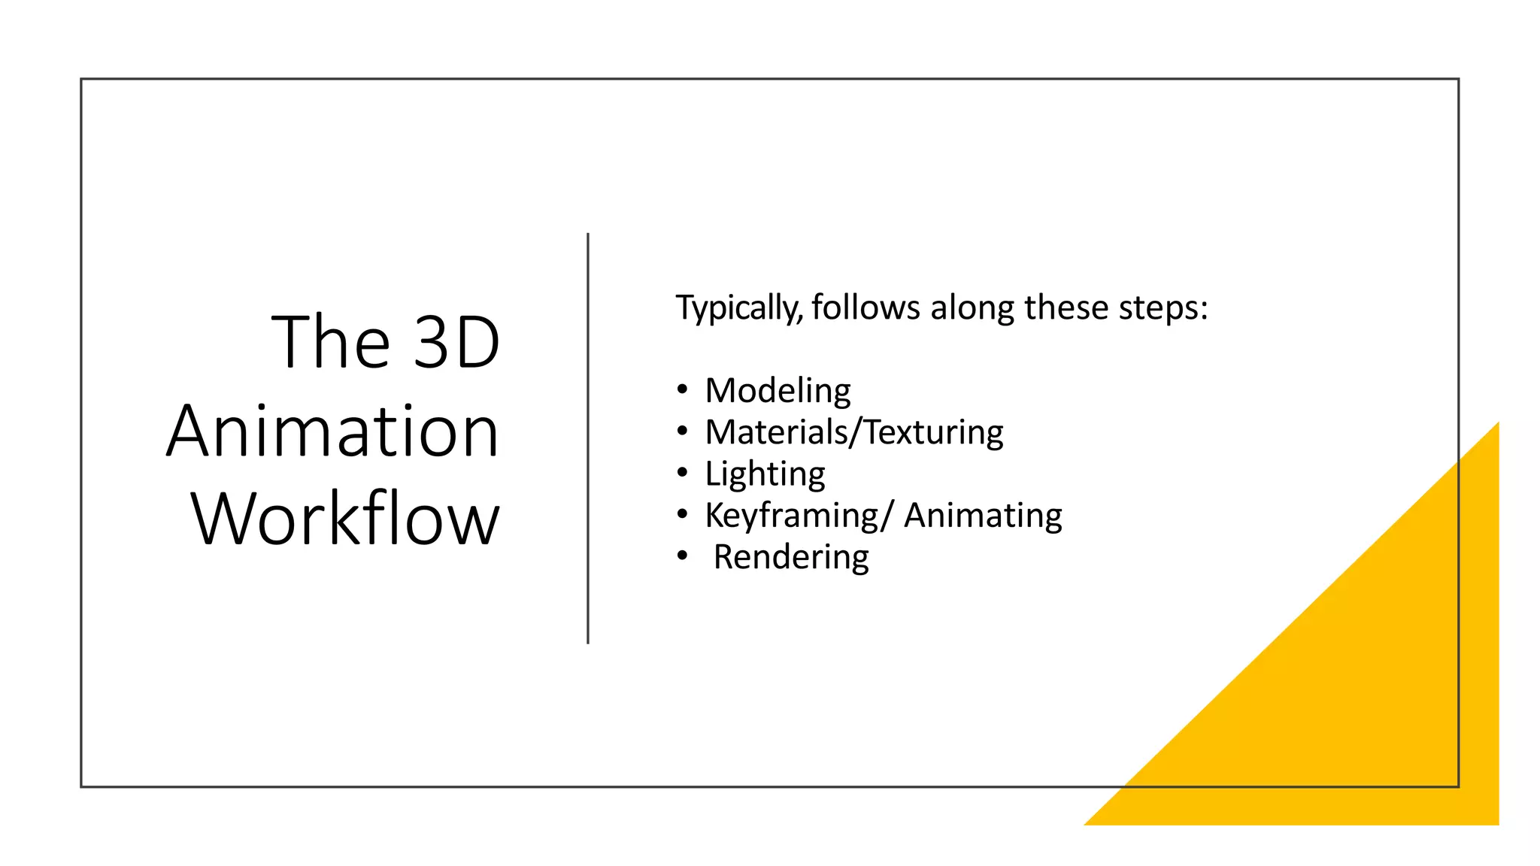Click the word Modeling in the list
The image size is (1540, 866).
pyautogui.click(x=778, y=391)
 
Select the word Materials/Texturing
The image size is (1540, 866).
pyautogui.click(x=854, y=432)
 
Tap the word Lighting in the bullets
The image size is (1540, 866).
pyautogui.click(x=765, y=474)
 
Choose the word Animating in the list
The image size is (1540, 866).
pyautogui.click(x=983, y=516)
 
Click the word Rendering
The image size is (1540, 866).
pyautogui.click(x=791, y=557)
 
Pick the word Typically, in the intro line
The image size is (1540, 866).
pyautogui.click(x=740, y=308)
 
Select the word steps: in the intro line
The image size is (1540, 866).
pyautogui.click(x=1163, y=308)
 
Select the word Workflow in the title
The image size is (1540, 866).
pyautogui.click(x=345, y=519)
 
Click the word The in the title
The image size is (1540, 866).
pyautogui.click(x=331, y=343)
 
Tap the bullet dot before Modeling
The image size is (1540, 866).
pyautogui.click(x=682, y=389)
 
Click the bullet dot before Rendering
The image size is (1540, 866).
pyautogui.click(x=682, y=556)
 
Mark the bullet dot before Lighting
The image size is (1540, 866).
pyautogui.click(x=682, y=473)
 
